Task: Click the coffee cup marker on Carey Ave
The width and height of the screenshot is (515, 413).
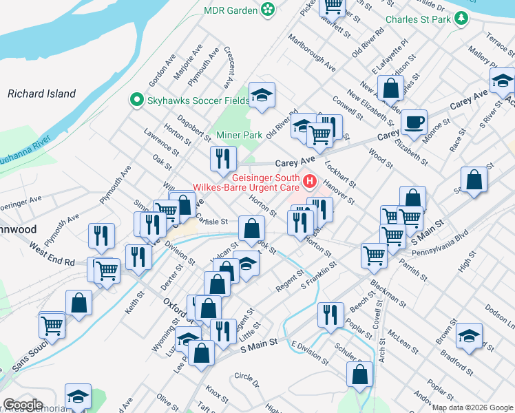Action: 413,123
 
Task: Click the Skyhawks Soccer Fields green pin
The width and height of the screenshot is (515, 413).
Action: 136,100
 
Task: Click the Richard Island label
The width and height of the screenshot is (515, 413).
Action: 41,93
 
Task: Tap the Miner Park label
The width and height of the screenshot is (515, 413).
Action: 239,135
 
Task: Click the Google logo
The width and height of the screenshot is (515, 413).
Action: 23,405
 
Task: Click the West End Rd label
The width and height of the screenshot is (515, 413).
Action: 51,253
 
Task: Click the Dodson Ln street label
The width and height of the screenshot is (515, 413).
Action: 498,315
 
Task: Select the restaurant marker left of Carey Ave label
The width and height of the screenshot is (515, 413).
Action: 223,159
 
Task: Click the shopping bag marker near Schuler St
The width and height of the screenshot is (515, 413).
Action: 360,374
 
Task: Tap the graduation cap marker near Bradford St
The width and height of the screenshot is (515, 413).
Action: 469,336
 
